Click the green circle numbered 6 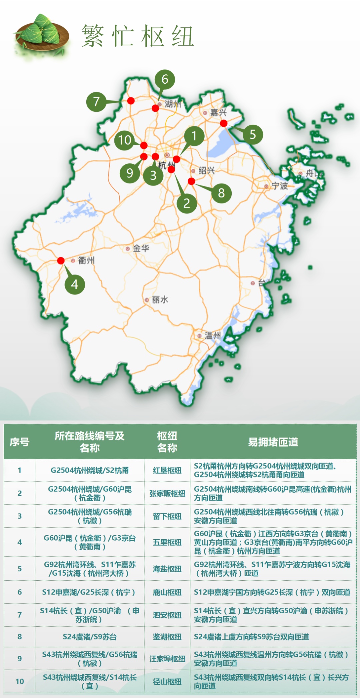tap(165, 79)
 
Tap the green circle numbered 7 tap(96, 101)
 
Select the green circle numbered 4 tap(75, 284)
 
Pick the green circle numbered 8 tap(221, 193)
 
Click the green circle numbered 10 tap(125, 140)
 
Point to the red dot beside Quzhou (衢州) tap(61, 260)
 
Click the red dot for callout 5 tap(224, 123)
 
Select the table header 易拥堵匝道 tap(273, 442)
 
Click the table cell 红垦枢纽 tap(167, 470)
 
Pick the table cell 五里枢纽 tap(167, 542)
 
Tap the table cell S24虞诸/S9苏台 tap(90, 637)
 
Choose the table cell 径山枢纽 tap(167, 682)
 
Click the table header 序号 tap(19, 442)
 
